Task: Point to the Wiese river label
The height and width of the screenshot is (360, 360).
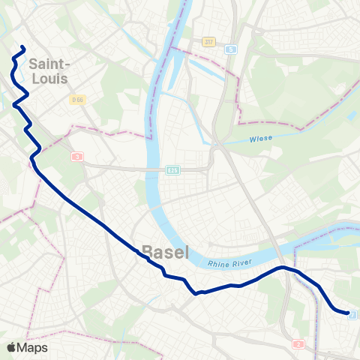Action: click(x=259, y=138)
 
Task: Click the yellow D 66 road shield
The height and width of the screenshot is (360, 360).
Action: click(x=77, y=100)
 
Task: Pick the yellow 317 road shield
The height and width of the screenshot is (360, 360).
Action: click(x=209, y=42)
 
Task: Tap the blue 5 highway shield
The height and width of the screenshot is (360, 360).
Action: click(x=230, y=49)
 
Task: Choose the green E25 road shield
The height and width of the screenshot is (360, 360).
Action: click(x=172, y=170)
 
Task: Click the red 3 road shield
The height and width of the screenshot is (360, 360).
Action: click(x=77, y=157)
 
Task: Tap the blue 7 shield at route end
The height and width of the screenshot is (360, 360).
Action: click(x=352, y=315)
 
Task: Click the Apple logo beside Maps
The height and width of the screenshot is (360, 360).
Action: click(x=11, y=347)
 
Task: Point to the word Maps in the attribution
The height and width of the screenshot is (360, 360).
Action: click(x=32, y=347)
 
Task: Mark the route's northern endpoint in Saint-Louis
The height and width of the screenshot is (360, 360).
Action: click(x=24, y=49)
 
